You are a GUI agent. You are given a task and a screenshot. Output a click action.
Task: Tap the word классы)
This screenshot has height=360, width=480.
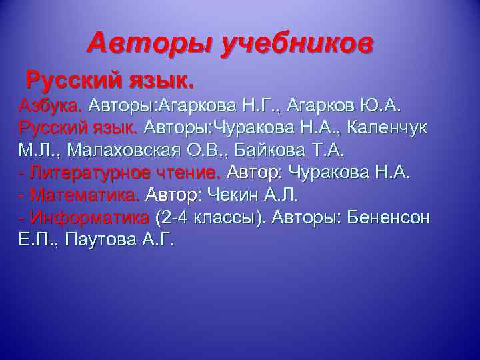point(223,218)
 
